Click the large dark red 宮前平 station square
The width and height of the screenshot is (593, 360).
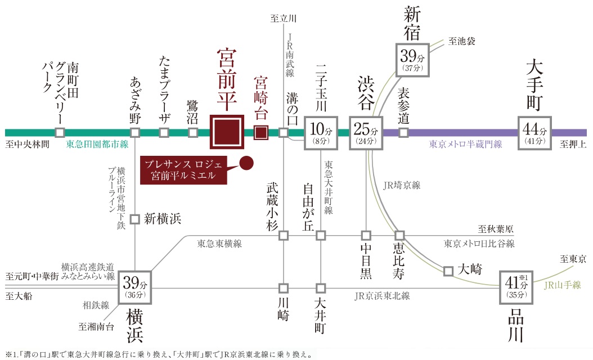point(227,132)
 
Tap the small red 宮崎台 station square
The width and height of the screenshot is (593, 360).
point(260,133)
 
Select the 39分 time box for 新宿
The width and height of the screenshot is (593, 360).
point(414,60)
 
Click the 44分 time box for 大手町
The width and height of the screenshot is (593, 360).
point(534,133)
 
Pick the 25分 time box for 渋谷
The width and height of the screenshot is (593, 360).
point(366,133)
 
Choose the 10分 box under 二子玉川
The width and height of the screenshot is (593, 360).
point(321,133)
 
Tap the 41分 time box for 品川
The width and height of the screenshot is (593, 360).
point(516,287)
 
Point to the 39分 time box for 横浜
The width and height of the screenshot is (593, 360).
point(134,287)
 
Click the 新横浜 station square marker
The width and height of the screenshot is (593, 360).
point(134,219)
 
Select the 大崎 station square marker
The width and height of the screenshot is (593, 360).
point(448,271)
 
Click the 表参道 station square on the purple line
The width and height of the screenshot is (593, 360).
point(403,133)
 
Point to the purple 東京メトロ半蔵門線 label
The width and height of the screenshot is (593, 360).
point(465,145)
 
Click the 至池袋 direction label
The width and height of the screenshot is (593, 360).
point(462,41)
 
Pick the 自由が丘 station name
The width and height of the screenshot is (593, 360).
point(308,206)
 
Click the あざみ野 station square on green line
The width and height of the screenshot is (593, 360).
point(135,133)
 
